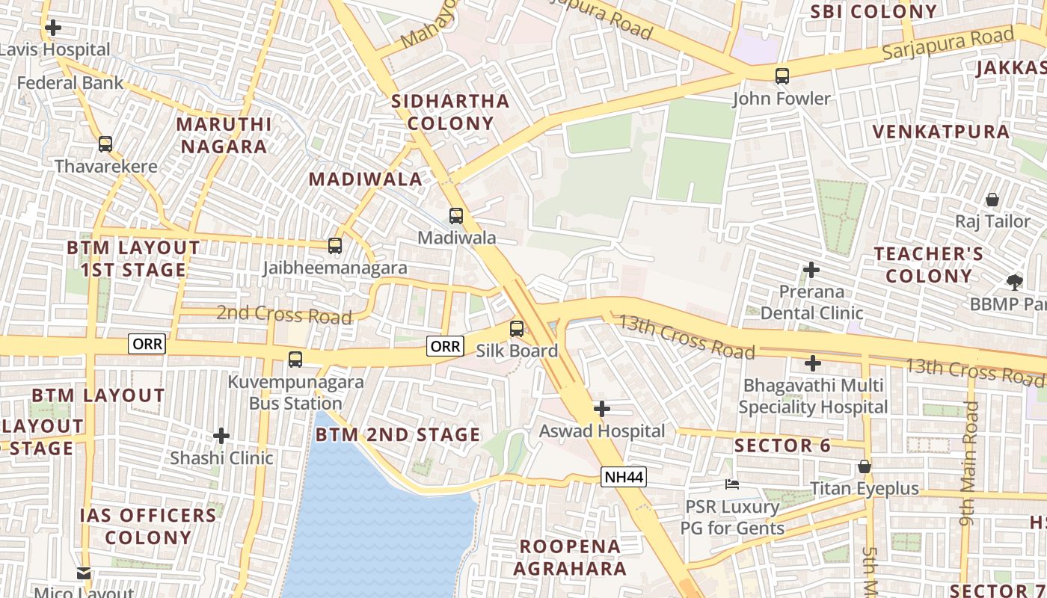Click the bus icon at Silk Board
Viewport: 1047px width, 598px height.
tap(517, 328)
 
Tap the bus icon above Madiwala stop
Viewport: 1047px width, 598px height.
tap(456, 216)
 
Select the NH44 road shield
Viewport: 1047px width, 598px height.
tap(623, 477)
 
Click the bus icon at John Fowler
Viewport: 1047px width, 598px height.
tap(782, 75)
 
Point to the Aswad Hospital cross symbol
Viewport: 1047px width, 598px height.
tap(602, 409)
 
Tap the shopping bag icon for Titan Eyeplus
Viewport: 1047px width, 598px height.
tap(865, 466)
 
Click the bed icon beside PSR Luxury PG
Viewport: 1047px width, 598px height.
tap(732, 484)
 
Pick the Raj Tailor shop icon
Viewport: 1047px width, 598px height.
tap(992, 200)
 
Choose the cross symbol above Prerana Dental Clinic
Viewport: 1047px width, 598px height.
tap(811, 269)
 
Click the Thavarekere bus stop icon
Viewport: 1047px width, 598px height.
tap(105, 144)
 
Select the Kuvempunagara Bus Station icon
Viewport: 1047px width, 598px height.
tap(295, 360)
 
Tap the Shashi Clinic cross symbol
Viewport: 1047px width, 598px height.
tap(221, 435)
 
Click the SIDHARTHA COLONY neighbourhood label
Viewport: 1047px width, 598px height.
tap(451, 112)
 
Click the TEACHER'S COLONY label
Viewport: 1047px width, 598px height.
tap(929, 265)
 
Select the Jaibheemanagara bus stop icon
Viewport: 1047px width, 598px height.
tap(335, 245)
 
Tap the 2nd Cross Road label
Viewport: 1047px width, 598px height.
tap(284, 314)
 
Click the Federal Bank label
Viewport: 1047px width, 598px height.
tap(70, 82)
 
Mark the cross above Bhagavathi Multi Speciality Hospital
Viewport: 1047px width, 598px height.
tap(813, 363)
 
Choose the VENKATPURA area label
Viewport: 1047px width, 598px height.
tap(941, 132)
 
